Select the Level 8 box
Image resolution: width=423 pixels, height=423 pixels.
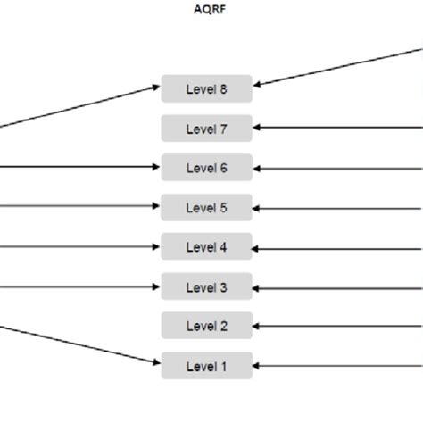207,89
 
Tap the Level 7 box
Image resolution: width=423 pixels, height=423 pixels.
207,129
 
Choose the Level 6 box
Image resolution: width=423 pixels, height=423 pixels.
207,168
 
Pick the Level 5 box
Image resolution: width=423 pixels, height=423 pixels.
207,208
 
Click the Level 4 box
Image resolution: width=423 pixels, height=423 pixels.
207,247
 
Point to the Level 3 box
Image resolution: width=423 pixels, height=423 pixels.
207,287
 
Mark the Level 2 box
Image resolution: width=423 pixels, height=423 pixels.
207,326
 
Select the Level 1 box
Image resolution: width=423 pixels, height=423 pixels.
207,366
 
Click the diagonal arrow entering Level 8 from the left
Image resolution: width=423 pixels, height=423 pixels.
80,107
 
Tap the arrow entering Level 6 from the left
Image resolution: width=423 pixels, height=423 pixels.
80,167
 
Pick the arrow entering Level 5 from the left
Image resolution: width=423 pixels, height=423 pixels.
80,206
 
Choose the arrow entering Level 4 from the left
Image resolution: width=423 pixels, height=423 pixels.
80,246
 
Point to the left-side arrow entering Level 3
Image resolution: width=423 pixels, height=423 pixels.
80,286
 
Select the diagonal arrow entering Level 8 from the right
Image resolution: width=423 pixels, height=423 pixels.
339,67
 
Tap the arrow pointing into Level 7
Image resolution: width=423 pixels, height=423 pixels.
339,129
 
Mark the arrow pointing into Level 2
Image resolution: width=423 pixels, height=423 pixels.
339,327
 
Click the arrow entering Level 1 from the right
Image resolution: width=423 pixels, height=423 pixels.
339,366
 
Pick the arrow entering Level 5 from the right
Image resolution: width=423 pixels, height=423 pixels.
339,209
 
